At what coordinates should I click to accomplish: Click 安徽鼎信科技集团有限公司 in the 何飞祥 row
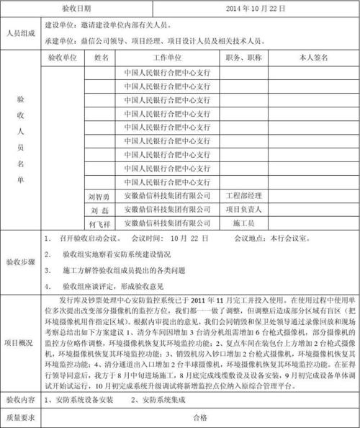click(167, 223)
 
